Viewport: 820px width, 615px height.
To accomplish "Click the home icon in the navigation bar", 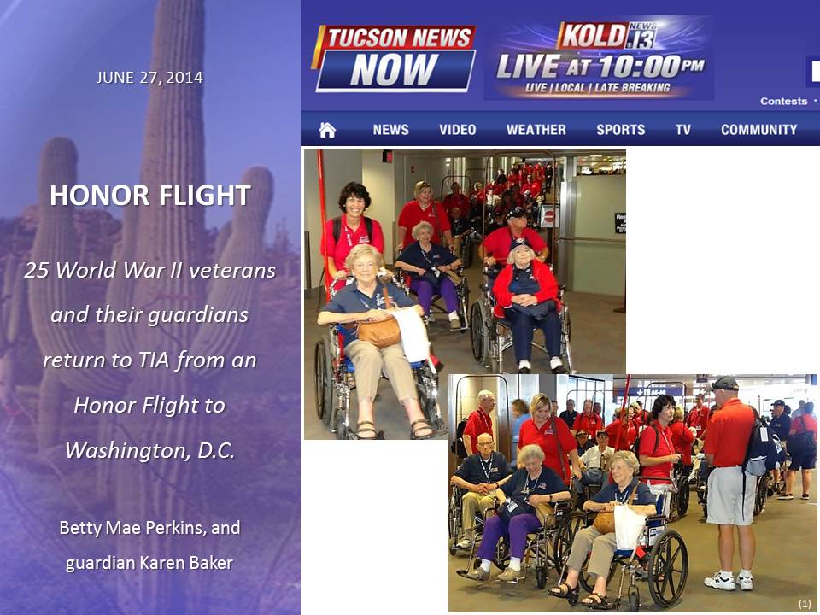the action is pos(327,129).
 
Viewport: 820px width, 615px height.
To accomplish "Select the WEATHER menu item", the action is pos(536,130).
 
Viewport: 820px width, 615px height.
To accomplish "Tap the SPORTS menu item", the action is pos(621,130).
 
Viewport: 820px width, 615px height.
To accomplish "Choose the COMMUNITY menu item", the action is pos(758,130).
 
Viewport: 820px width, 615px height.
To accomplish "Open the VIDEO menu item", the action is pos(458,130).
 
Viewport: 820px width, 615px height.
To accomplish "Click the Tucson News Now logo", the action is pos(395,58).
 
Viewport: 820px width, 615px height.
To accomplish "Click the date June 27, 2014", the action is pos(149,78).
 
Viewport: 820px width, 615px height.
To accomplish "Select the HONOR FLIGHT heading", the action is pos(150,195).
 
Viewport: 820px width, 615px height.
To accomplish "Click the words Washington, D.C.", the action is pos(150,450).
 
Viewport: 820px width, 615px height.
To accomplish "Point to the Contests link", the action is pos(783,101).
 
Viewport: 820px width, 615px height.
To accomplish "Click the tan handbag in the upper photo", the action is pos(378,331).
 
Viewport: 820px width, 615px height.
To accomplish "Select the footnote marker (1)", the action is pos(805,604).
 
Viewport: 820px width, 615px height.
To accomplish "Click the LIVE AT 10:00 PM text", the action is pos(600,67).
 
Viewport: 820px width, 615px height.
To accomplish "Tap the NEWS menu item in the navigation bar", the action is pos(390,130).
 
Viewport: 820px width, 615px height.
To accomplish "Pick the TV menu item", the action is pos(683,130).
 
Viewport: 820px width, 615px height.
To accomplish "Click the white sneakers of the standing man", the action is pos(729,581).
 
